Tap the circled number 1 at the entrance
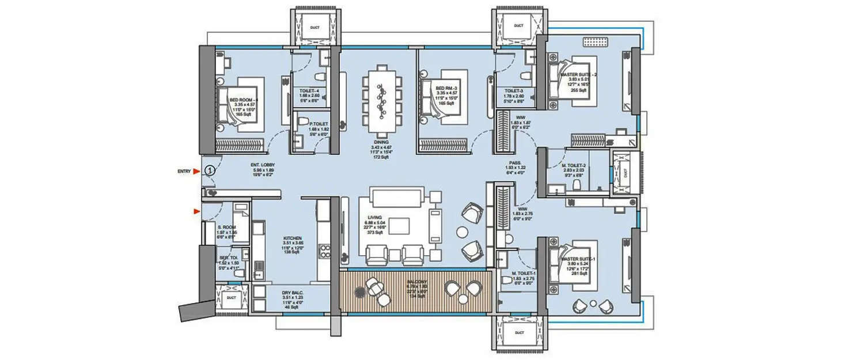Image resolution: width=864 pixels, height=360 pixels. coord(210,170)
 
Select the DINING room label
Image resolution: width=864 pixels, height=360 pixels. coord(380,142)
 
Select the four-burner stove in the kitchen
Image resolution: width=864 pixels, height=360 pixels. coord(325,252)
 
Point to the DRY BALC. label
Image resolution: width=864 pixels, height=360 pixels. coord(292,293)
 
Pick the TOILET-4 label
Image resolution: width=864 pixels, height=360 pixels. coord(310,89)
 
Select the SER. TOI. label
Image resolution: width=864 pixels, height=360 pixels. coord(225,257)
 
